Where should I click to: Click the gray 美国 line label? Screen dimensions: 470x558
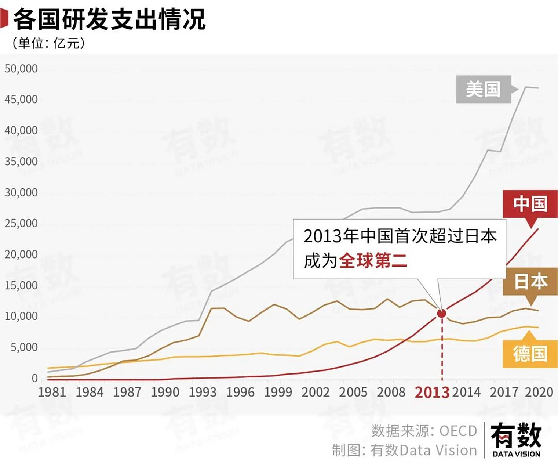483,89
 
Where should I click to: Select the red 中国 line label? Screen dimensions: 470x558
530,204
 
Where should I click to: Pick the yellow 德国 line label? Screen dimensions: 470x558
530,354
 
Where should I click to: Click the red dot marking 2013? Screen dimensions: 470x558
442,313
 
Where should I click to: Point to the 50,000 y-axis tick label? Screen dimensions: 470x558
21,69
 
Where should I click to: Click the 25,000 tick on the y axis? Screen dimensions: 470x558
21,223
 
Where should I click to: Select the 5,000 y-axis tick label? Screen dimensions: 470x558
24,347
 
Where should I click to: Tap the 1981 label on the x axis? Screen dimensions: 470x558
52,392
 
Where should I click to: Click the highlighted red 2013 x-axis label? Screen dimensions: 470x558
432,393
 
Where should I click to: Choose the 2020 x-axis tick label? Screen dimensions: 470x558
539,392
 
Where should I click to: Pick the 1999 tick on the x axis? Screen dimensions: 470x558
278,392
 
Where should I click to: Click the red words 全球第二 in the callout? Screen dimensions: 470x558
373,261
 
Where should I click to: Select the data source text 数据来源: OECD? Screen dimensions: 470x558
424,431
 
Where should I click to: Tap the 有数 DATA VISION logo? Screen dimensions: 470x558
516,440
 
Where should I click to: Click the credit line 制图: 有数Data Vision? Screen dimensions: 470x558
404,450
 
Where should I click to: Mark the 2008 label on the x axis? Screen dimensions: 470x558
391,392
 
